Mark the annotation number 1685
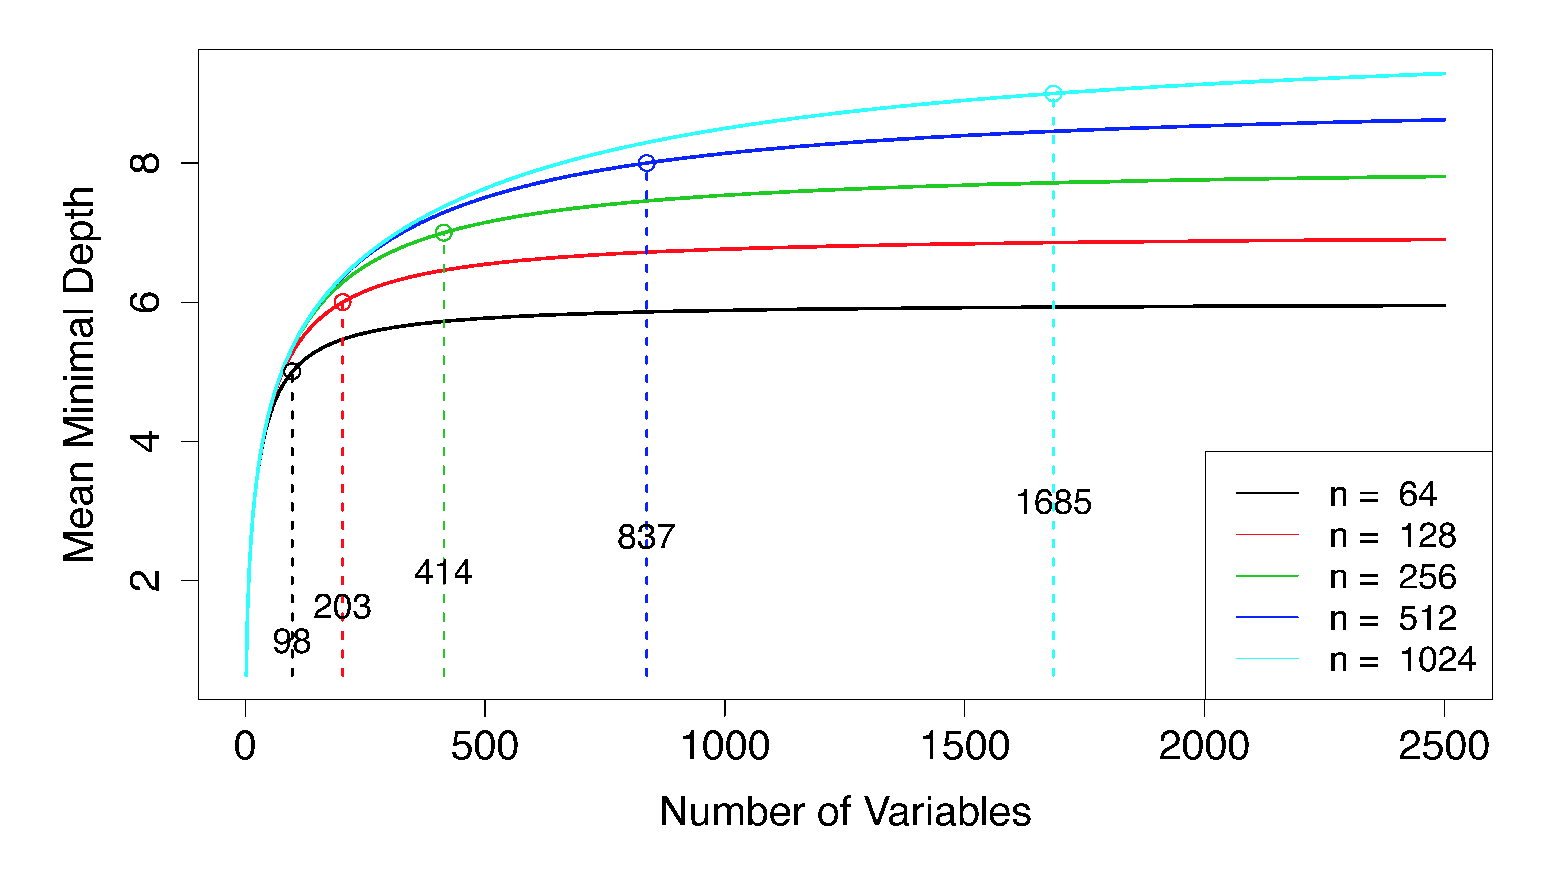(1054, 502)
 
